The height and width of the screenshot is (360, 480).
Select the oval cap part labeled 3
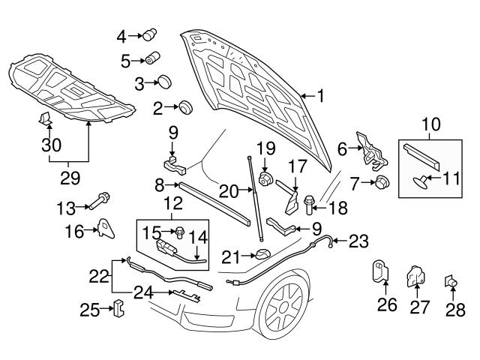tap(166, 82)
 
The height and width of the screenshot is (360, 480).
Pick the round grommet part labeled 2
tap(185, 108)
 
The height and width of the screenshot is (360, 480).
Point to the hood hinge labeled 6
tap(369, 147)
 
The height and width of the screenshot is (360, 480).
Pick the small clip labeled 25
tap(117, 308)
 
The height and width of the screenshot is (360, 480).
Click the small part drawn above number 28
tap(452, 281)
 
